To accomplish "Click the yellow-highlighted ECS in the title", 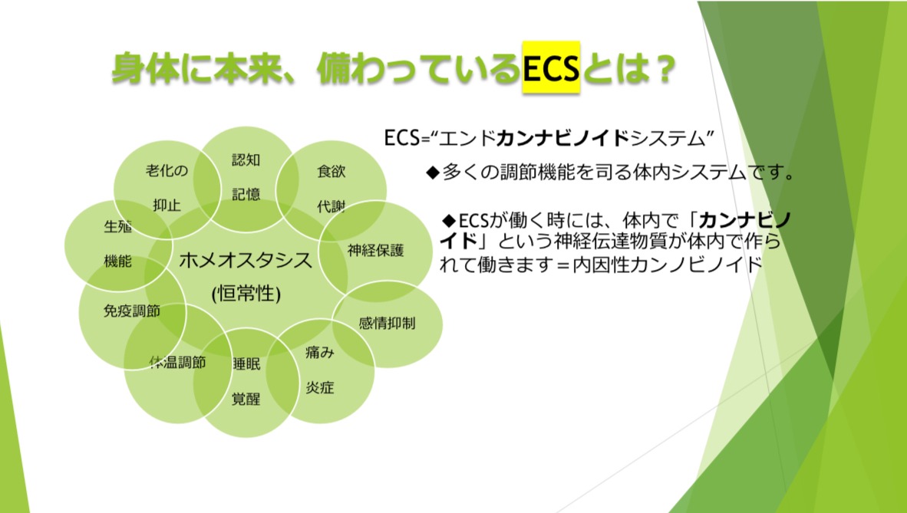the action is (551, 67).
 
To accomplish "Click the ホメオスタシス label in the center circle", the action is (246, 261).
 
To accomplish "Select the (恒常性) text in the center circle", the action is (246, 294).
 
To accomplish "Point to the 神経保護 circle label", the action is (375, 251).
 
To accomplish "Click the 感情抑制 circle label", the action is (387, 324).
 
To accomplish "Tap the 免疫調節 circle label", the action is (131, 311).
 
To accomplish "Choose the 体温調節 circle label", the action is (177, 363).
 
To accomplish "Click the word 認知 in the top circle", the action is (246, 159).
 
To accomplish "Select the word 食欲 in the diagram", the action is (331, 171).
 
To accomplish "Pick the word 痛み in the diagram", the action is (320, 352).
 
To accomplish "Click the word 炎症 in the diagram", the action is (320, 387).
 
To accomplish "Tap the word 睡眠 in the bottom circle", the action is (246, 363).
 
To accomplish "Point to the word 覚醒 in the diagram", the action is (246, 399).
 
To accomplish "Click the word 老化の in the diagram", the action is (167, 170).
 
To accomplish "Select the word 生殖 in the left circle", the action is (117, 226).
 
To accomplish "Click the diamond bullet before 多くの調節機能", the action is (433, 173).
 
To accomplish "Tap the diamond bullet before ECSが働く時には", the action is (449, 220).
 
